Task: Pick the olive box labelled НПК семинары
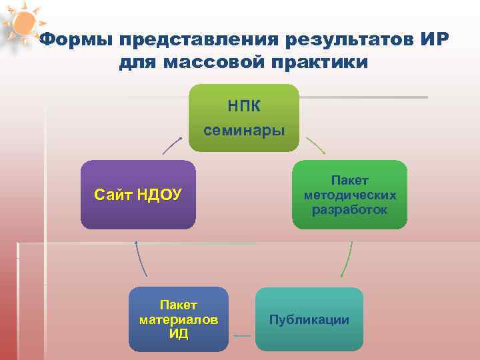coord(244,117)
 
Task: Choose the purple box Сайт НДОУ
coord(138,195)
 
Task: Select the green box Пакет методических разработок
coord(349,195)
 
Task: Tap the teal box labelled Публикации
coord(309,319)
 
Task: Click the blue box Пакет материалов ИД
coord(178,319)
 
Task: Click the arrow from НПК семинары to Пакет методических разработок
coord(315,146)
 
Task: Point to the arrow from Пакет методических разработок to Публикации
coord(347,259)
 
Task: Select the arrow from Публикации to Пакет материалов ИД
coord(243,335)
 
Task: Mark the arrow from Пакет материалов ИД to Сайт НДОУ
coord(141,259)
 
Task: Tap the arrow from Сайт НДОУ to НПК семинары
coord(172,146)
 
